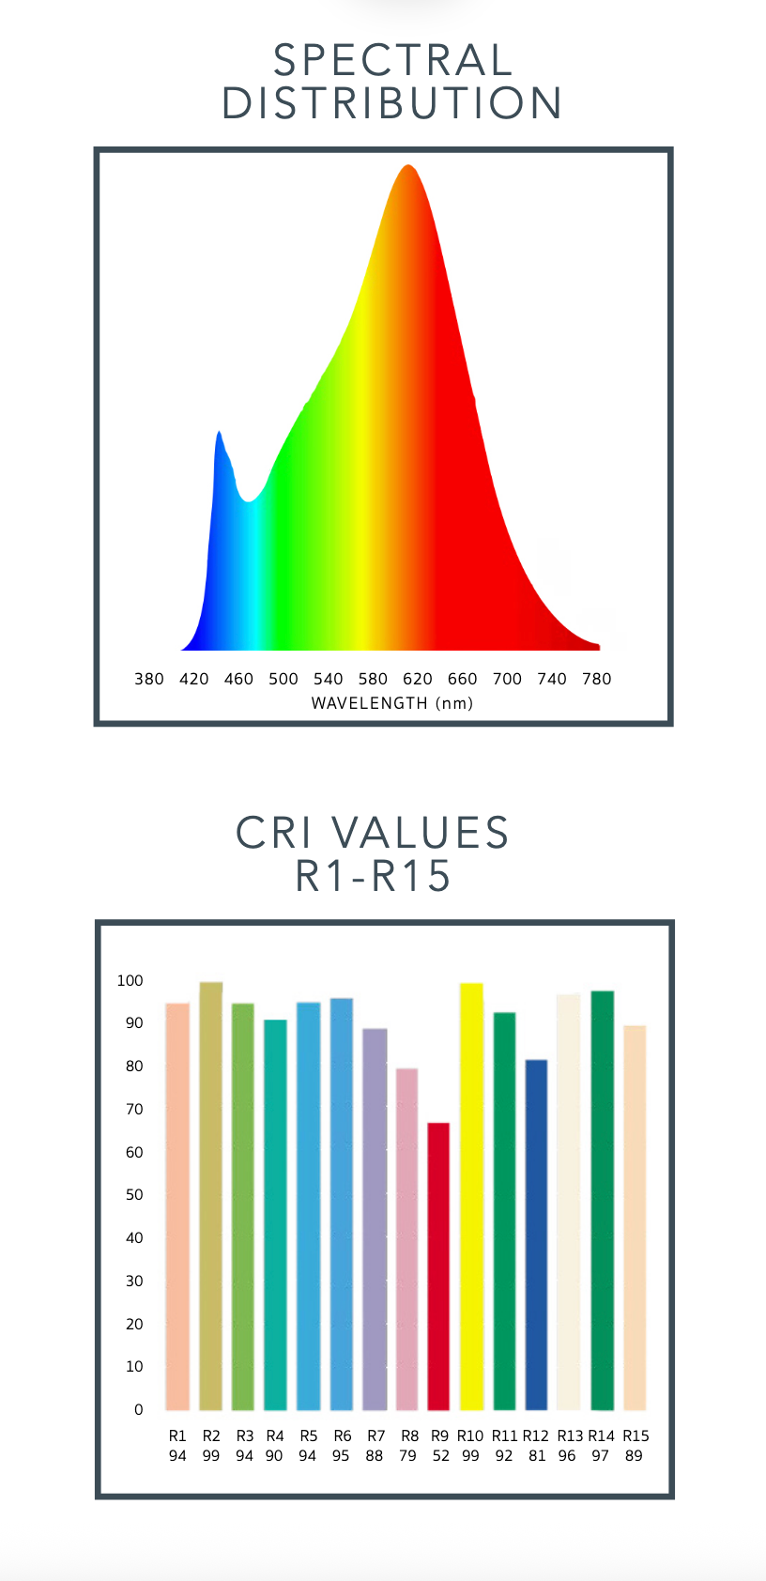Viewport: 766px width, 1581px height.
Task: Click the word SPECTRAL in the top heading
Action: coord(392,61)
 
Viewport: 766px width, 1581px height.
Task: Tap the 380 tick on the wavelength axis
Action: coord(149,679)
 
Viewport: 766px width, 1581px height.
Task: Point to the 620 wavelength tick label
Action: coord(418,679)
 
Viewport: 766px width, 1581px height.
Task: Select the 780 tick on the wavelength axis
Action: coord(596,679)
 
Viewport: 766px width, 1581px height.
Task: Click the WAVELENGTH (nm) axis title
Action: coord(392,703)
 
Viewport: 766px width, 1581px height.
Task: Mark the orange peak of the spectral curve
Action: coord(408,169)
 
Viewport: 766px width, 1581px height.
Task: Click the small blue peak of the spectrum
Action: coord(220,435)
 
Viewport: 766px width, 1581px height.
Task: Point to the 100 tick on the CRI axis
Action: coord(130,981)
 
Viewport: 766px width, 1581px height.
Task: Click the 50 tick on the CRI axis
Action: coord(134,1195)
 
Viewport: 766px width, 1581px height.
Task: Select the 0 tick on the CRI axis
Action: coord(139,1410)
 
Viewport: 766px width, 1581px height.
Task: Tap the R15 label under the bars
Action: coord(636,1436)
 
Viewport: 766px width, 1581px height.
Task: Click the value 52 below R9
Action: coord(441,1456)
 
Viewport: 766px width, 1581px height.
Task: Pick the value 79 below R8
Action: coord(407,1456)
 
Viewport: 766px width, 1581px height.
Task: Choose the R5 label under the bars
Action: coord(309,1436)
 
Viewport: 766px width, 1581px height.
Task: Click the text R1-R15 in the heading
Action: coord(374,876)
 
